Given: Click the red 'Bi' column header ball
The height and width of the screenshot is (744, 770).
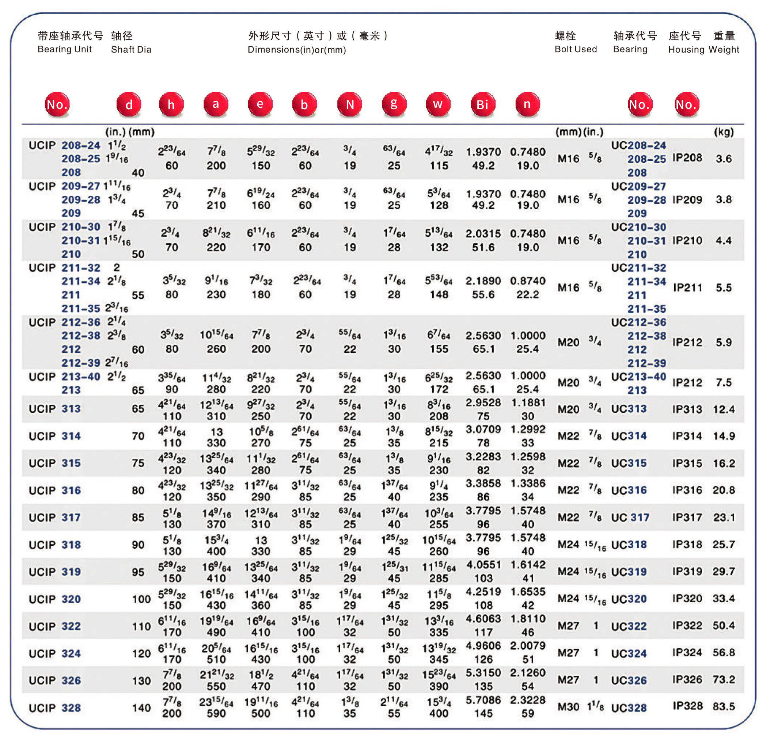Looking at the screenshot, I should point(483,104).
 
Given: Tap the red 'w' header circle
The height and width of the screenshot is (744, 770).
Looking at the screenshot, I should point(438,104).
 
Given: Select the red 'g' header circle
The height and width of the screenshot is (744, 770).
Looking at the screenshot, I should point(394,104).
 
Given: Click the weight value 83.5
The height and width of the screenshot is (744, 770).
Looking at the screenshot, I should point(724,706).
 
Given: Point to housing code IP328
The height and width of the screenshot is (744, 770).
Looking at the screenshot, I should point(687,706).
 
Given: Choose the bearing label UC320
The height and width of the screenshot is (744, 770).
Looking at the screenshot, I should point(629,599).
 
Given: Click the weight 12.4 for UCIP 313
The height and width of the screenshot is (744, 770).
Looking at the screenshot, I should point(724,409).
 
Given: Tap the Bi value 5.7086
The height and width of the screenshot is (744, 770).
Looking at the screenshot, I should point(483,700).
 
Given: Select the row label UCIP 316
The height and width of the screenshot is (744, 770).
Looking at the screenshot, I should point(54,491).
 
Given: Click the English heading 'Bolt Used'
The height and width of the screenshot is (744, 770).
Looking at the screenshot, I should point(576,49).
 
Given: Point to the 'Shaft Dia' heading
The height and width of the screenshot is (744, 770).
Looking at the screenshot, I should point(131,49).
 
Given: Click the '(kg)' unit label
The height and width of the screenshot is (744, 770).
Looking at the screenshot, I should point(724,132).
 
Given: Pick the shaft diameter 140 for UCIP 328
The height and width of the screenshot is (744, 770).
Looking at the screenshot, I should point(141,708).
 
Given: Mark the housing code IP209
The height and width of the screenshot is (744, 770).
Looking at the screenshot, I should point(687,200).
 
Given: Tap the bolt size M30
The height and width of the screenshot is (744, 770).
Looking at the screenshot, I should point(568,707).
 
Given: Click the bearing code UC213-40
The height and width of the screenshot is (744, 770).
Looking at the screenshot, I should point(638,377).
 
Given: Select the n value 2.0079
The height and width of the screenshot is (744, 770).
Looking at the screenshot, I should point(528,646).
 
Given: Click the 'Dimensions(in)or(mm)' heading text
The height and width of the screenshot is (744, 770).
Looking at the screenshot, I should point(297,50).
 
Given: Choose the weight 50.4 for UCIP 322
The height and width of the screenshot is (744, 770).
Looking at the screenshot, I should point(724,625).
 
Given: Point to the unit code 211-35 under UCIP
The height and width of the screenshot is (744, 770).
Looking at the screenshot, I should point(80,309).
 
